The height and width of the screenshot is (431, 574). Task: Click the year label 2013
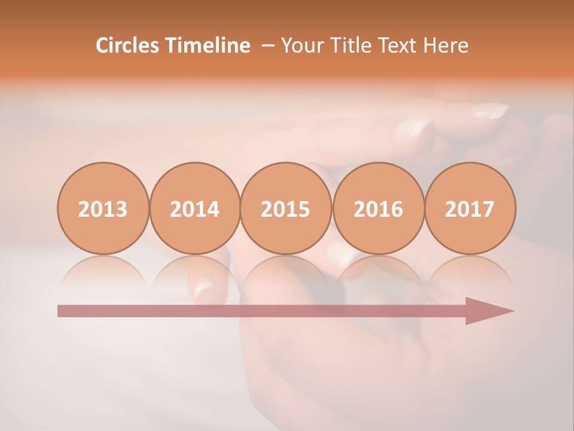103,209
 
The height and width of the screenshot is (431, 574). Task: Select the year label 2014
194,209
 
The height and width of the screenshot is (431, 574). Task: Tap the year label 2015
286,209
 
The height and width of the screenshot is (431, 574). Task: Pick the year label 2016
378,209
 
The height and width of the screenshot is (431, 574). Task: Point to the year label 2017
469,209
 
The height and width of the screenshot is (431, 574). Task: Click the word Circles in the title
127,45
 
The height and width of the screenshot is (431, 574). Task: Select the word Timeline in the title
207,45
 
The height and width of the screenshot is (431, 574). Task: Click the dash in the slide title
268,46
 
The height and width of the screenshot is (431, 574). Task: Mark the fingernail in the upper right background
489,111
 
